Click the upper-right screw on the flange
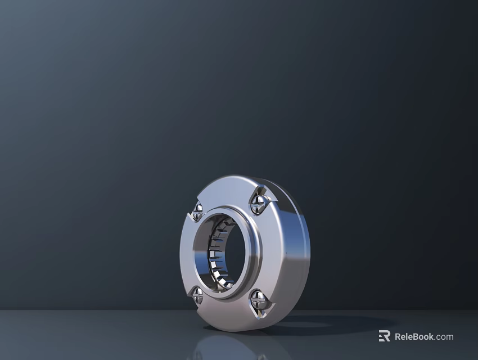258,200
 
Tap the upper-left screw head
197,211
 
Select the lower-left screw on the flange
197,294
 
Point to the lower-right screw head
258,300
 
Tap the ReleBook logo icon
384,336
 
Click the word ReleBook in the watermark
414,337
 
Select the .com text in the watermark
444,337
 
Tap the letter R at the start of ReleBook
398,337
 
